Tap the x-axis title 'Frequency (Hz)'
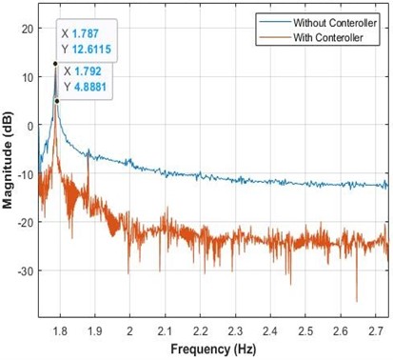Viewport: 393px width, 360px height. click(213, 348)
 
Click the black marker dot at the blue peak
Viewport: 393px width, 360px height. click(55, 64)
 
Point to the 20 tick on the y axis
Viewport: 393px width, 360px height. click(28, 29)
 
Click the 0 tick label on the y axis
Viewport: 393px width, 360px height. click(30, 126)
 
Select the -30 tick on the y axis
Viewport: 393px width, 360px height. click(26, 271)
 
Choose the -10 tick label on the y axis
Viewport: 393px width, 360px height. click(26, 174)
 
